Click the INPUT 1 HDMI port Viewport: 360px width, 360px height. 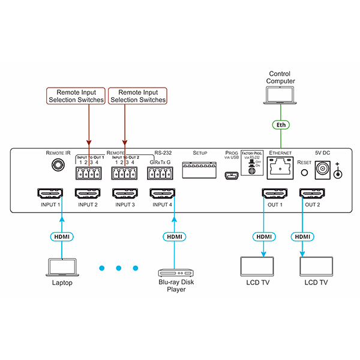pos(51,194)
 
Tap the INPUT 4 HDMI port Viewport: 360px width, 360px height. pos(162,194)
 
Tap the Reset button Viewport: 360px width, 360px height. pos(304,172)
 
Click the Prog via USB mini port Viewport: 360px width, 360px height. pos(229,176)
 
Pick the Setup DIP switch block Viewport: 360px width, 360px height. pos(199,170)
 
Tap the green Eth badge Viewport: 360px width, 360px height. pos(280,125)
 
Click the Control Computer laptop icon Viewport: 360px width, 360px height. pos(280,95)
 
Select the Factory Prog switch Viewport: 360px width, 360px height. pos(253,170)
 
